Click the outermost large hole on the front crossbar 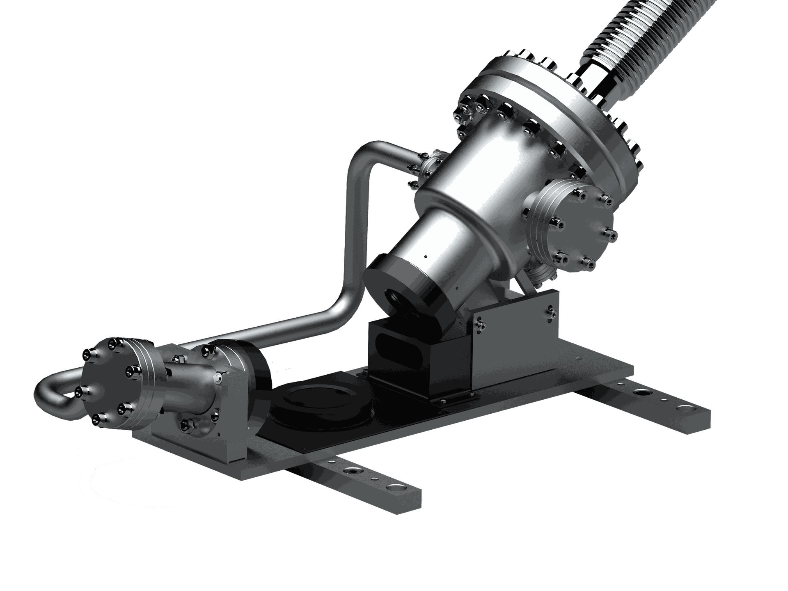[x=396, y=488]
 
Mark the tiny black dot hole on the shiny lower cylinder [x=425, y=257]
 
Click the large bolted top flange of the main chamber [x=550, y=111]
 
